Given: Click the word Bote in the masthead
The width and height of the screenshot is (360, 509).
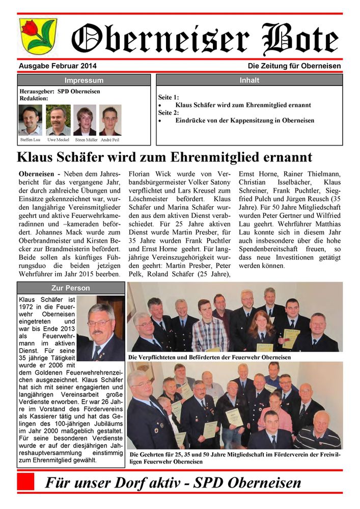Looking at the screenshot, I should pyautogui.click(x=300, y=38).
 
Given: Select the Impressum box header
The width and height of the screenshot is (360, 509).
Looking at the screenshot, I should pyautogui.click(x=84, y=80).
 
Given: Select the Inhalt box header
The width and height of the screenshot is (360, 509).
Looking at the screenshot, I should pyautogui.click(x=249, y=80).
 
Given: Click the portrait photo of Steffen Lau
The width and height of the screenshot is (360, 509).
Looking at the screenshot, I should pyautogui.click(x=30, y=120).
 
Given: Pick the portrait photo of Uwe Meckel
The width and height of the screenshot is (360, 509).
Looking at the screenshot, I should pyautogui.click(x=58, y=120).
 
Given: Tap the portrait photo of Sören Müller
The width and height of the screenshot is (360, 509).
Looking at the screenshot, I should pyautogui.click(x=85, y=120).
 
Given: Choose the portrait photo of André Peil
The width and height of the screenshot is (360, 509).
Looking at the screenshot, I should pyautogui.click(x=110, y=120).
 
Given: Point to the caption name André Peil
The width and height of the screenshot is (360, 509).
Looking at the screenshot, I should pyautogui.click(x=110, y=139).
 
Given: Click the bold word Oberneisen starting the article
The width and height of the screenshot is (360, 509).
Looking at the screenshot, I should pyautogui.click(x=37, y=174).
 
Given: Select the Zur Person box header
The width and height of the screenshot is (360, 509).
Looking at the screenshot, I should pyautogui.click(x=71, y=288).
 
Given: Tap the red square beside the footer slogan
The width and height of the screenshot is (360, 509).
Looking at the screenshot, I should pyautogui.click(x=25, y=482).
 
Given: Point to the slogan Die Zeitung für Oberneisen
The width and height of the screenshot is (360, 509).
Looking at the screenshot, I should pyautogui.click(x=294, y=66).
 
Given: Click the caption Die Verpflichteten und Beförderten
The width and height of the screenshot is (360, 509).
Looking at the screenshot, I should pyautogui.click(x=209, y=357).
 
